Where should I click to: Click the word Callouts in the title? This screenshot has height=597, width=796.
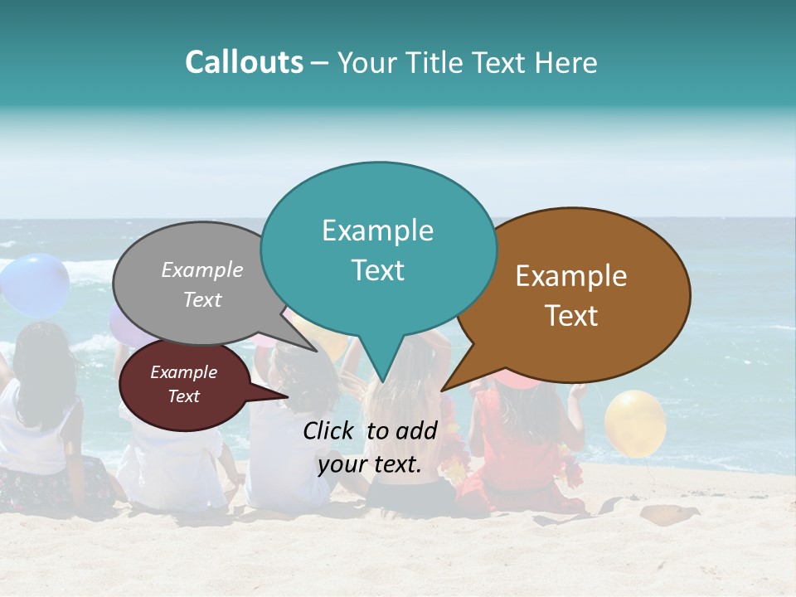(244, 62)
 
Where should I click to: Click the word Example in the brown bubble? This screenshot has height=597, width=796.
(571, 276)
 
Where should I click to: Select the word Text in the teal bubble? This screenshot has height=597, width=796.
(378, 270)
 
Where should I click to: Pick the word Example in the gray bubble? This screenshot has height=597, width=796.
(202, 269)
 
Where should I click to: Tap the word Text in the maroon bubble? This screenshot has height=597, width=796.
(184, 396)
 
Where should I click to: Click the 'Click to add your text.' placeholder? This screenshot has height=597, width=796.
(370, 448)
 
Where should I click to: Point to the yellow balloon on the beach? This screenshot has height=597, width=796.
(634, 423)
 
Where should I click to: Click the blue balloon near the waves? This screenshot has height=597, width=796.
(35, 284)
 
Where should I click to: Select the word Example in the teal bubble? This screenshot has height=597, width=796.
(378, 231)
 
